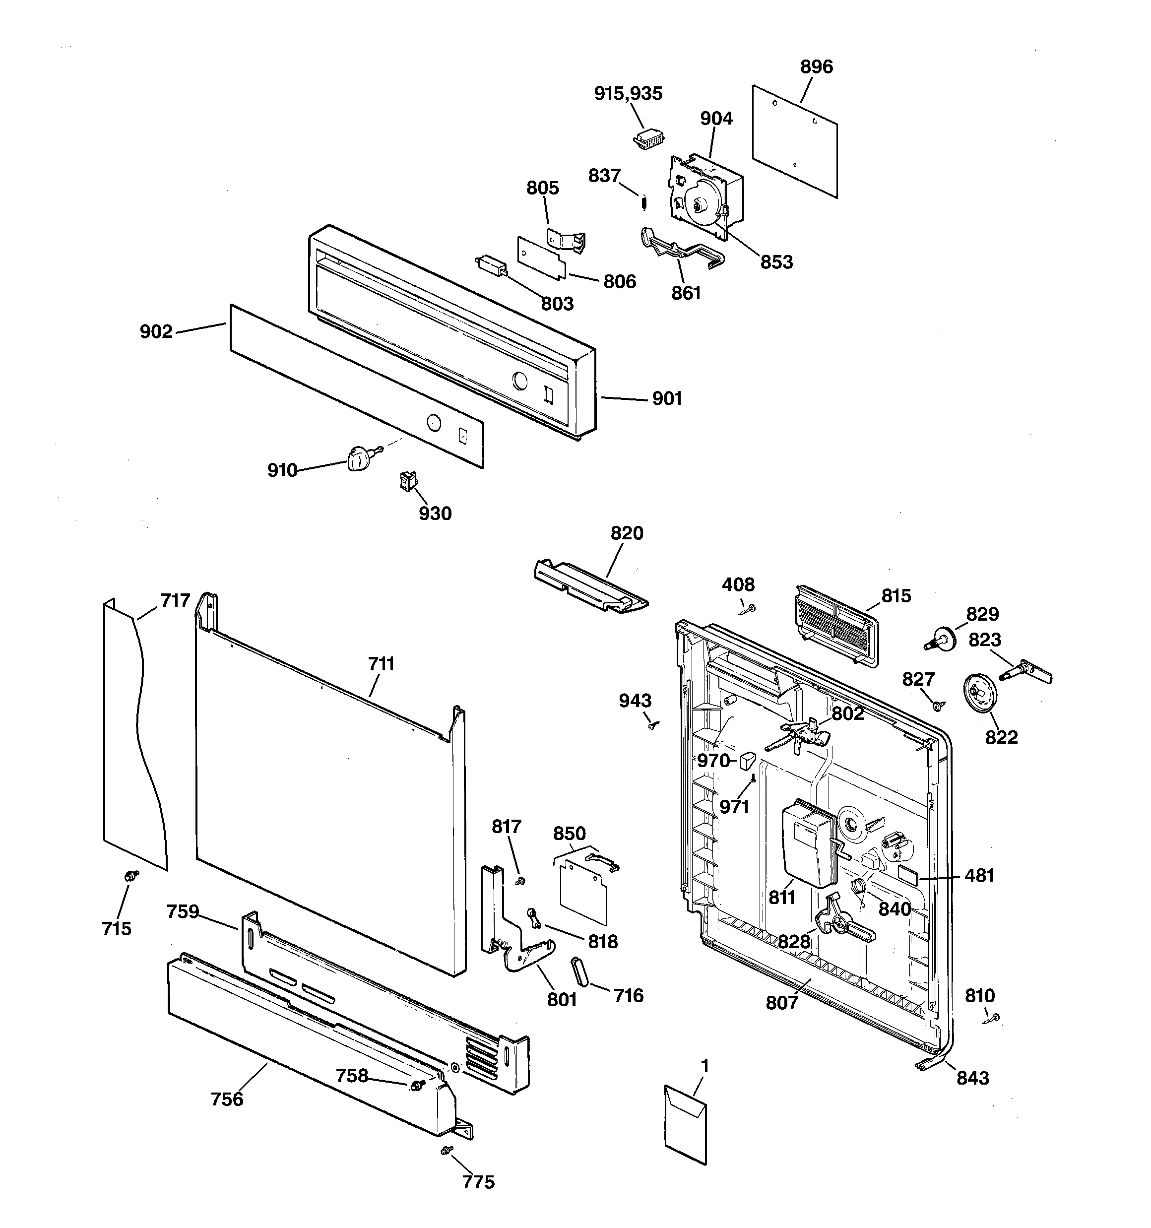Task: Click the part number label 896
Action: point(816,66)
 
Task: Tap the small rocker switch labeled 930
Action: point(407,481)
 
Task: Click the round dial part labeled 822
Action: point(979,694)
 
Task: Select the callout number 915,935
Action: point(628,94)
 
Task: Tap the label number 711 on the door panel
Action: point(381,664)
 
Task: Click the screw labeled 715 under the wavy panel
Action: point(131,875)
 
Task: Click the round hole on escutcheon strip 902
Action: point(434,423)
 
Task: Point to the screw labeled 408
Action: point(748,610)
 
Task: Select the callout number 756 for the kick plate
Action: point(227,1099)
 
